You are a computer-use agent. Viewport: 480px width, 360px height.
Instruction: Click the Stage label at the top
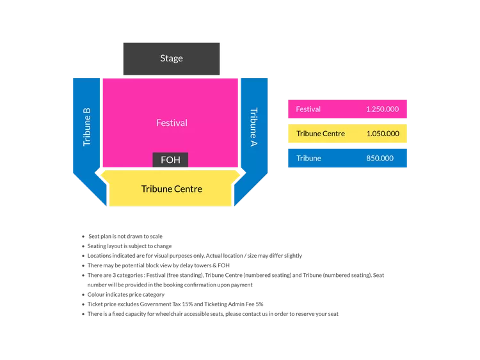coord(172,58)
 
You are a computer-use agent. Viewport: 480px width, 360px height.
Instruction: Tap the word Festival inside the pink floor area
coord(172,122)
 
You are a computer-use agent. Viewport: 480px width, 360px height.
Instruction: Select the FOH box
coord(170,160)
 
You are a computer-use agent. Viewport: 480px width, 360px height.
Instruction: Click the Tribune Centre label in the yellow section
coord(172,189)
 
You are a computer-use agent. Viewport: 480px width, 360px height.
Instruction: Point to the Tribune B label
coord(87,127)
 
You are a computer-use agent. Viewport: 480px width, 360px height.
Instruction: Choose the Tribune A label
coord(253,127)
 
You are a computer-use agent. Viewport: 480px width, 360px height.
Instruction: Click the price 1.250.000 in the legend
coord(382,109)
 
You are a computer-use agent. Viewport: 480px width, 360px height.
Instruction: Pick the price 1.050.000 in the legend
coord(382,134)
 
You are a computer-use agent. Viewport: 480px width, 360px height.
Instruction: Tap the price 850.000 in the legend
coord(380,158)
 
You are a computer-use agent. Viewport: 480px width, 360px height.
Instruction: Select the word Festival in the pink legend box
coord(308,109)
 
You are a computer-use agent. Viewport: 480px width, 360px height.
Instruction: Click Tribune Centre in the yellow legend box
coord(321,134)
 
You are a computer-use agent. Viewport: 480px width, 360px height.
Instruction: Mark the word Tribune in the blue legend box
coord(309,158)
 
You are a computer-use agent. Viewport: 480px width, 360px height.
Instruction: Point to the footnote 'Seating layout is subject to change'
coord(129,246)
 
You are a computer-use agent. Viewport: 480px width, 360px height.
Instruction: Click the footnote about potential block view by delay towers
coord(157,265)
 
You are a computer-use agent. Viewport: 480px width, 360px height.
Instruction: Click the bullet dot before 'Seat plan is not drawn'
coord(83,236)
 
